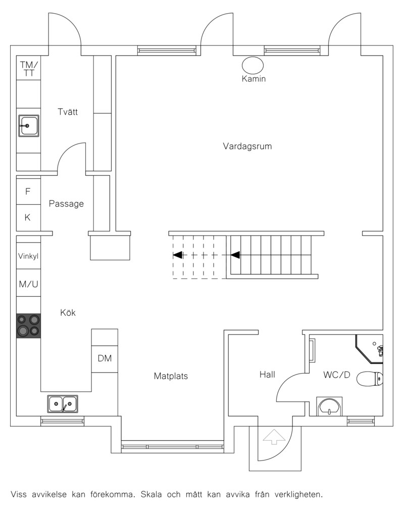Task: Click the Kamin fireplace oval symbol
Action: pos(252,65)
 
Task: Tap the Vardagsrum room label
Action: pos(247,146)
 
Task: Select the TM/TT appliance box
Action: pos(28,68)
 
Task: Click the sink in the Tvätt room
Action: pos(29,125)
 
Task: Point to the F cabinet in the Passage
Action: pos(28,191)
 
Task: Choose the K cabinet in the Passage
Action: pos(28,217)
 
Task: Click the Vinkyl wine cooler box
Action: pos(28,256)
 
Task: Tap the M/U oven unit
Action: pos(28,284)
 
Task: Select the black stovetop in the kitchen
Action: pos(29,325)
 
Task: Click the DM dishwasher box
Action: pos(105,358)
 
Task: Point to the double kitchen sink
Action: pos(63,404)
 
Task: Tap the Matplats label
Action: pos(171,376)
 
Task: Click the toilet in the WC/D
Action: pos(370,379)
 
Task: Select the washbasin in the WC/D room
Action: pos(329,406)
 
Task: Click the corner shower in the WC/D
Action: pos(370,348)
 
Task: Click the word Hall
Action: pos(267,375)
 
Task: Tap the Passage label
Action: pos(66,204)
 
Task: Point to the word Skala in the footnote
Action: pos(151,494)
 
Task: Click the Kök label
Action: pos(68,312)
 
